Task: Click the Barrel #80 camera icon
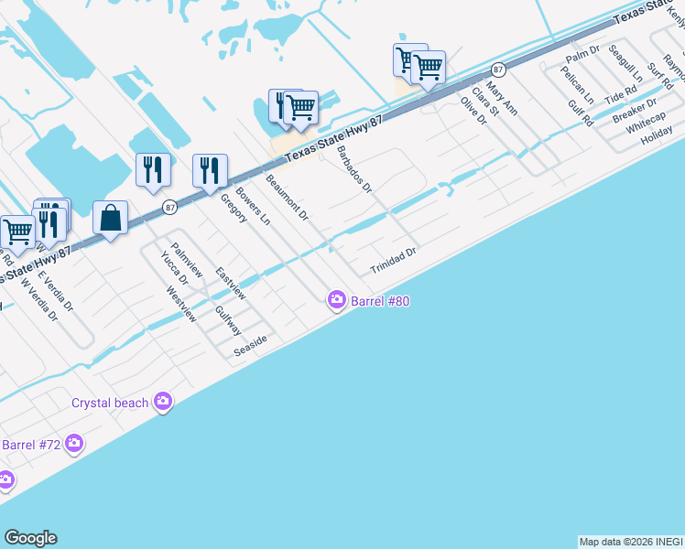[x=337, y=299]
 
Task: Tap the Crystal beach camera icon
[x=163, y=402]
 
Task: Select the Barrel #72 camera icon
[x=74, y=445]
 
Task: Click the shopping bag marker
[x=110, y=220]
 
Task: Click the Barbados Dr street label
[x=353, y=170]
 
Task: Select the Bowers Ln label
[x=253, y=208]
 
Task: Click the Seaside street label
[x=250, y=345]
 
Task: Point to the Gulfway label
[x=227, y=321]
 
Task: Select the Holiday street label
[x=657, y=138]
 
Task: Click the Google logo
[x=30, y=538]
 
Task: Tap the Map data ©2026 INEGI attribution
[x=630, y=542]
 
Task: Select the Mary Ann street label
[x=502, y=98]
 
